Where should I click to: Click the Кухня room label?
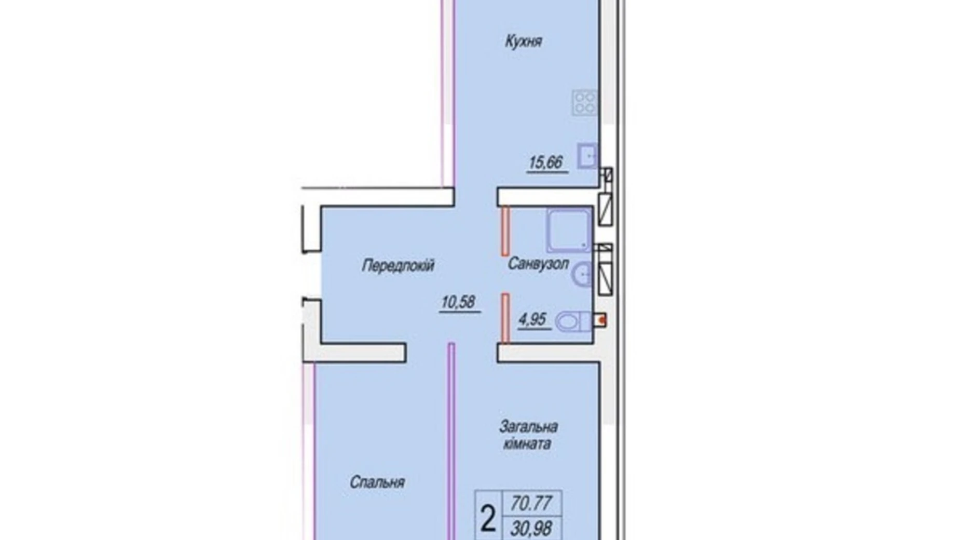point(523,42)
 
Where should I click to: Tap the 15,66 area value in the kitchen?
point(545,163)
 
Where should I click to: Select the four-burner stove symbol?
point(584,102)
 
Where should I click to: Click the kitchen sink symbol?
point(587,156)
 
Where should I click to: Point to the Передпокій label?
point(398,266)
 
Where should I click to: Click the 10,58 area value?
point(458,302)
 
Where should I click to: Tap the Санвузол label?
point(538,264)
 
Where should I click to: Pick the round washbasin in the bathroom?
point(583,274)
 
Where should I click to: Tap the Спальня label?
point(377,482)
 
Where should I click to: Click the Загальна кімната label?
point(528,435)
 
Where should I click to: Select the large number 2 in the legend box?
point(488,519)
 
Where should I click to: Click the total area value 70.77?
point(531,503)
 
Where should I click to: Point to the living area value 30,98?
point(531,529)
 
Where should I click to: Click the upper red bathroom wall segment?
point(505,231)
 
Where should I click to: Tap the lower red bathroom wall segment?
point(505,318)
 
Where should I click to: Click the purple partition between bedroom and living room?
point(451,441)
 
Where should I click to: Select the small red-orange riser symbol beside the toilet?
point(601,320)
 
